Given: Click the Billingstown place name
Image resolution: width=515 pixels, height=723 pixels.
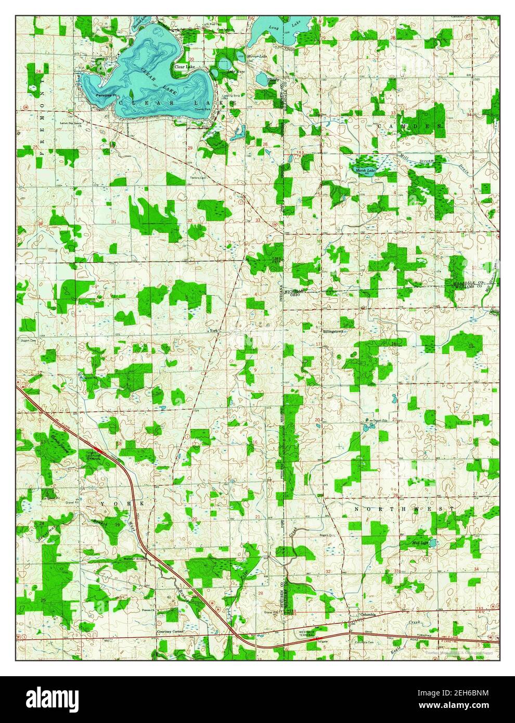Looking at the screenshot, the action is [331, 330].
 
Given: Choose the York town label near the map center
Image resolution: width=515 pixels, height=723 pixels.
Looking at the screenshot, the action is [212, 331].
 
